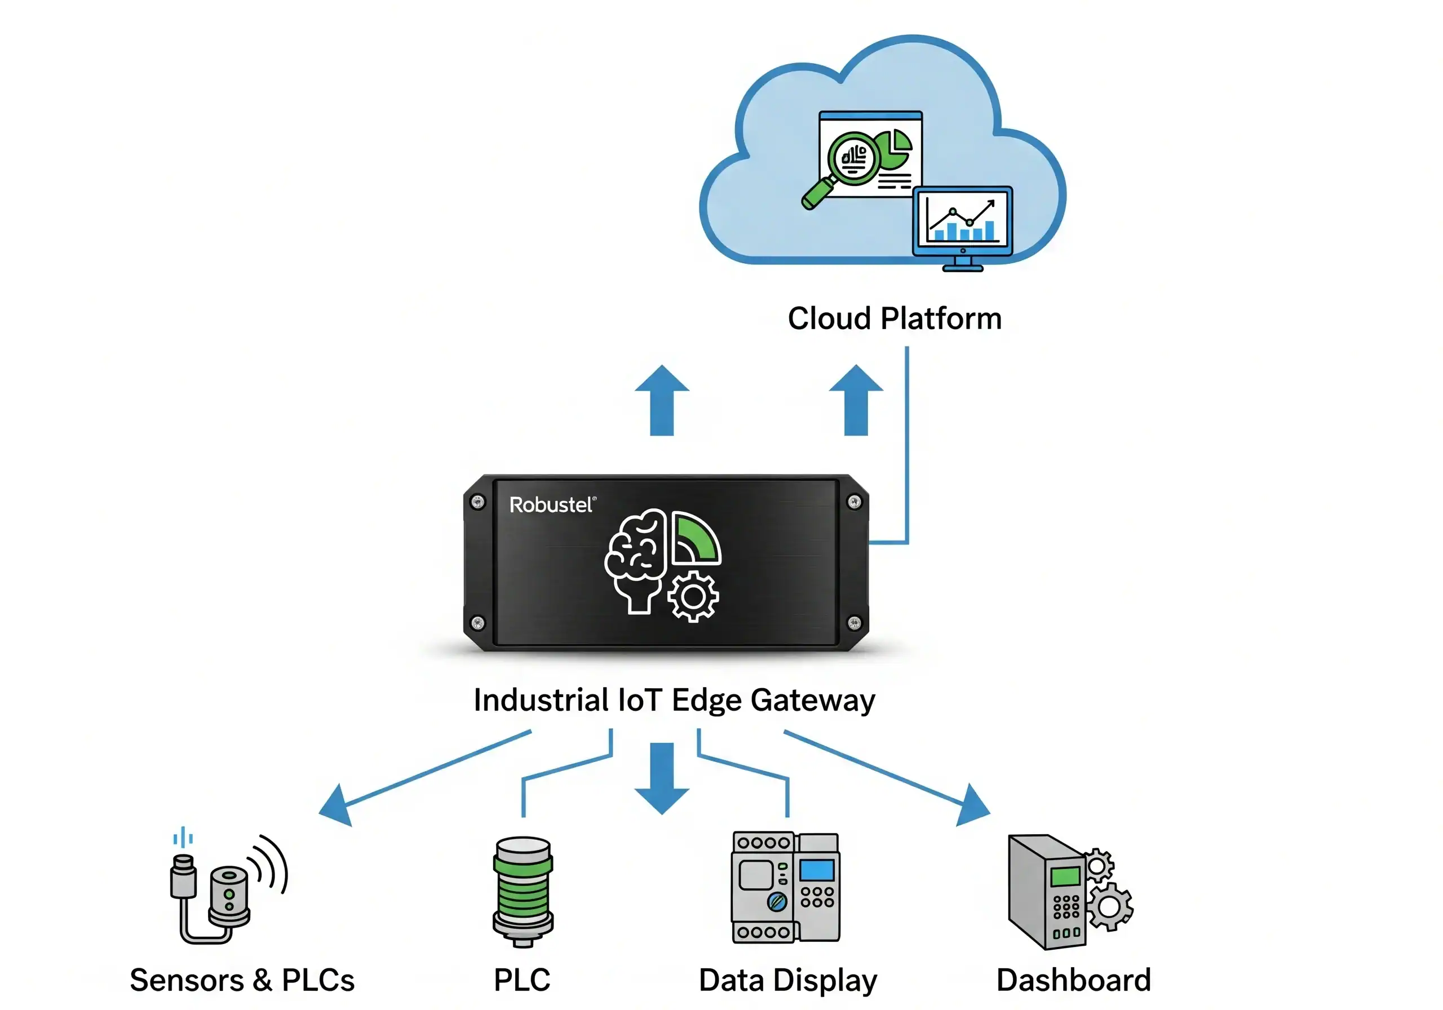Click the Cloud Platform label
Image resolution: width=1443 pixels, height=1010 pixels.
(895, 318)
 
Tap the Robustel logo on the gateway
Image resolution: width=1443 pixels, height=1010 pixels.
(551, 504)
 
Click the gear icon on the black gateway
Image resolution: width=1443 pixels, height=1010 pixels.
(693, 596)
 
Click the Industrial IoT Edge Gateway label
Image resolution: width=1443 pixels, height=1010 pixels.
(674, 700)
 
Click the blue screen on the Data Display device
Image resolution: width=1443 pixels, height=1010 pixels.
(816, 870)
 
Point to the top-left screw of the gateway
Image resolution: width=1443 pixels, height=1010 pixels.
(477, 502)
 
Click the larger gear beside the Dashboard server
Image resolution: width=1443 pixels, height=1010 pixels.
(1109, 906)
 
